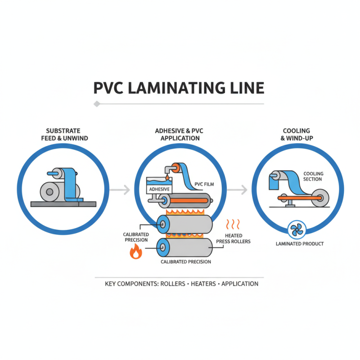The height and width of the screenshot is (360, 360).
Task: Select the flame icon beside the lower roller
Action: (x=135, y=253)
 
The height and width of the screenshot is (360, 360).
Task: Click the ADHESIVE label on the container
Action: (x=159, y=189)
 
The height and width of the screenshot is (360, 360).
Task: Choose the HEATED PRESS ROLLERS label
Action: (x=233, y=238)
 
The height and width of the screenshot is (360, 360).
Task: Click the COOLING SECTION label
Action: (x=313, y=176)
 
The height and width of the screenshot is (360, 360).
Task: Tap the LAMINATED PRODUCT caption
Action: (x=299, y=244)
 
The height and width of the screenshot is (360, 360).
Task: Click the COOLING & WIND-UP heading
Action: (x=298, y=135)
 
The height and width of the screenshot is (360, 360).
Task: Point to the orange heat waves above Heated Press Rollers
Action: (x=233, y=224)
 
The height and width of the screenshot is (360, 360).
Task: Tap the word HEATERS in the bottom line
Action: (x=204, y=284)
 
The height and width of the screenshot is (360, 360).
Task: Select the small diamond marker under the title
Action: (x=96, y=104)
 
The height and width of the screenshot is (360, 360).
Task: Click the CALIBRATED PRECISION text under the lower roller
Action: (x=186, y=262)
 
